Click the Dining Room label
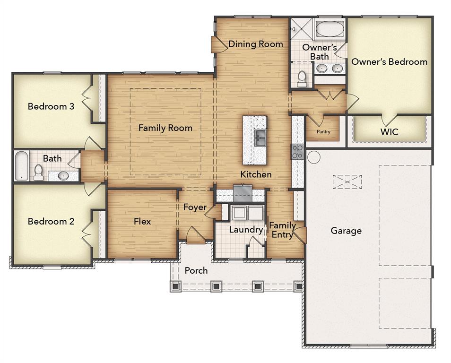tap(256, 44)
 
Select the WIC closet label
tap(390, 132)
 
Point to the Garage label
tap(346, 231)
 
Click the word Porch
tap(196, 270)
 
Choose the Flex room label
tap(142, 221)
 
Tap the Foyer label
tap(195, 207)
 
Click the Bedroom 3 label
tap(51, 106)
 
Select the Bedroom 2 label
tap(51, 221)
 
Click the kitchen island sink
tap(260, 138)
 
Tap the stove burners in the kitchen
tap(297, 152)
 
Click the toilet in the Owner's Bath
tap(302, 79)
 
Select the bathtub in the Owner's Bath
tap(330, 30)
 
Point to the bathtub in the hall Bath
tap(20, 165)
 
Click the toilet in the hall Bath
tap(38, 173)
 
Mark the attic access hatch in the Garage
tap(347, 181)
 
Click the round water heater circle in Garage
tap(313, 157)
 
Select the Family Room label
tap(165, 128)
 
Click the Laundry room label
tap(246, 230)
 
